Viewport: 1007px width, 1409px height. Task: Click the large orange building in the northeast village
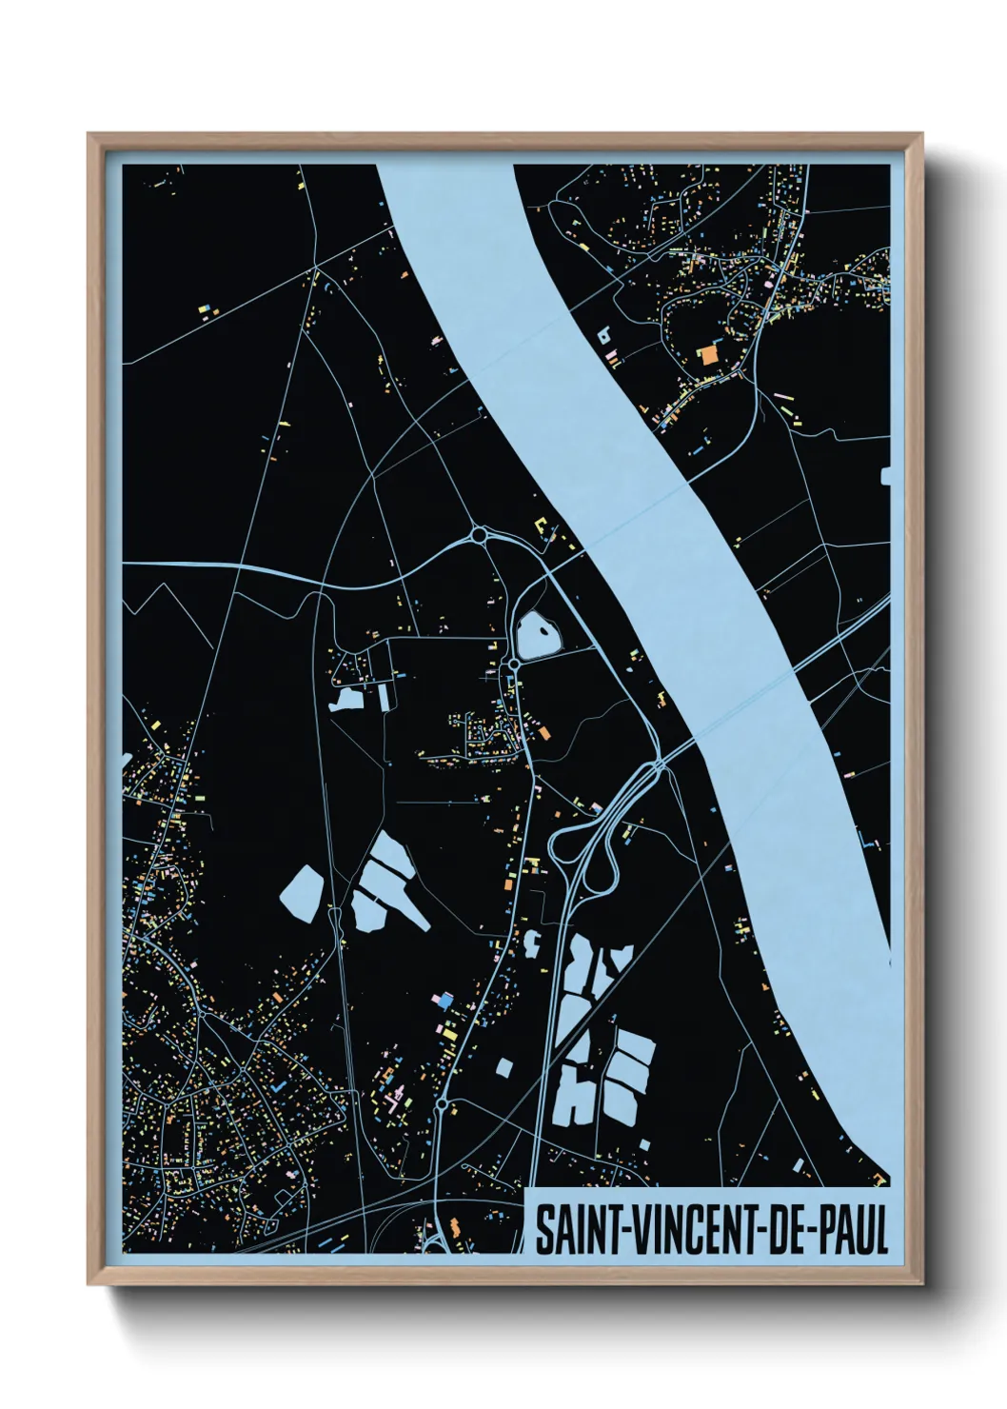pos(709,355)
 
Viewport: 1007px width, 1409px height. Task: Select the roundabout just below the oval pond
pos(513,664)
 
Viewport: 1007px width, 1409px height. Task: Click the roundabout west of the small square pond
pos(442,1105)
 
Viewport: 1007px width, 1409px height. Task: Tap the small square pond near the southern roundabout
pos(504,1067)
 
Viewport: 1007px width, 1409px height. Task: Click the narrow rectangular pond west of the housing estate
pos(385,698)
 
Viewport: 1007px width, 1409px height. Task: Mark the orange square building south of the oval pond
pos(544,733)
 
